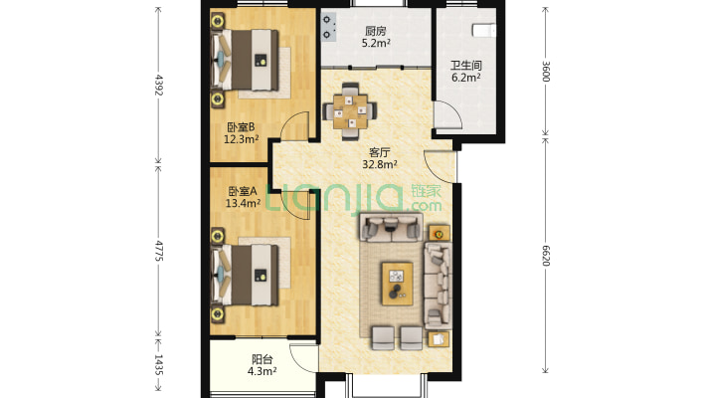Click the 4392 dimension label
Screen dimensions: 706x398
coord(158,85)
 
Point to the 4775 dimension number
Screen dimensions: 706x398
coord(158,251)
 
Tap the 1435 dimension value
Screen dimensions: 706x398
coord(158,364)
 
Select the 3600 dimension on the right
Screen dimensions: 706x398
coord(545,72)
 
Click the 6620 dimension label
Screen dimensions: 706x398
coord(545,256)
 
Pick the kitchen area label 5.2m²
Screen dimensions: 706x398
coord(376,43)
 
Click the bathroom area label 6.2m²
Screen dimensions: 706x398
coord(466,78)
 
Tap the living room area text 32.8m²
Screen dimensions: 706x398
coord(380,164)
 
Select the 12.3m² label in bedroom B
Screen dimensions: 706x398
coord(242,139)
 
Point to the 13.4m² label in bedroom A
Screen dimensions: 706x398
coord(243,203)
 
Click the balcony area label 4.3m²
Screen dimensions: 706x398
coord(263,371)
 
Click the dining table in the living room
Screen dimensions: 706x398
coord(350,110)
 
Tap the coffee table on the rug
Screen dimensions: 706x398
coord(397,284)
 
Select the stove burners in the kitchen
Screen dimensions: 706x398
coord(328,27)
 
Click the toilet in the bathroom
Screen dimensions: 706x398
coord(483,30)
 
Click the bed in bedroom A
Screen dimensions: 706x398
coord(245,275)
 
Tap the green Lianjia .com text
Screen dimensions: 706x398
coord(425,206)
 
